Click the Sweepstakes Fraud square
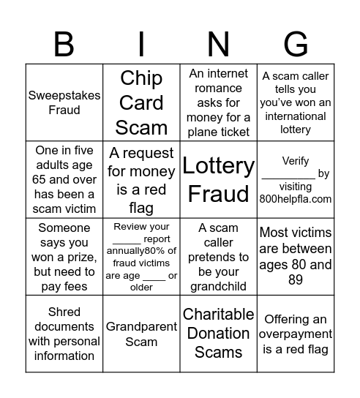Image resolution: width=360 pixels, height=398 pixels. (64, 102)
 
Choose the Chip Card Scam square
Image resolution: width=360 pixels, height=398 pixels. (141, 102)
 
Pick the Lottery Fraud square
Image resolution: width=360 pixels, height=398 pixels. (218, 179)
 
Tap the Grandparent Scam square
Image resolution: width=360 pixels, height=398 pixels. (141, 334)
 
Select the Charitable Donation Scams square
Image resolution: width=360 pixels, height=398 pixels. (218, 334)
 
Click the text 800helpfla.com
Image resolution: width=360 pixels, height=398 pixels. (296, 198)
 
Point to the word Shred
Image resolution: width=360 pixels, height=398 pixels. (64, 312)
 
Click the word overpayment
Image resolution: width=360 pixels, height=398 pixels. (296, 334)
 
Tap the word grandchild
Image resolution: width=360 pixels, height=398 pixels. (218, 286)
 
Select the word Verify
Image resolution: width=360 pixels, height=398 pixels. (296, 161)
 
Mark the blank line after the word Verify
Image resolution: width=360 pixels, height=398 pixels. (288, 176)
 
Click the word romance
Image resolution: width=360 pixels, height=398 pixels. (218, 88)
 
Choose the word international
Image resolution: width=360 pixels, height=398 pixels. (296, 116)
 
